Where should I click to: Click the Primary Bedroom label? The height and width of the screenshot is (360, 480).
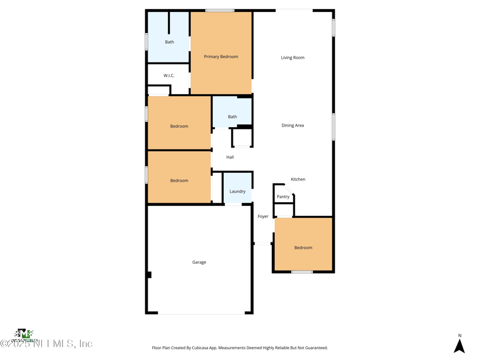pos(221,56)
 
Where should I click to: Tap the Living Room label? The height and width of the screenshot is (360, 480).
pos(292,58)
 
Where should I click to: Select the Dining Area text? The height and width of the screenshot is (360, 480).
pos(292,125)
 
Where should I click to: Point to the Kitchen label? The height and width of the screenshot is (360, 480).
pos(298,179)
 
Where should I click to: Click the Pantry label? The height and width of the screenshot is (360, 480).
pos(283,197)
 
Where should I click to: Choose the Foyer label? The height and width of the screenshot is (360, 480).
pos(263,217)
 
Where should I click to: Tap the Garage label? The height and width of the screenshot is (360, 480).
pos(199,262)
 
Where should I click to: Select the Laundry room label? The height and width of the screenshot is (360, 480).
pos(237,191)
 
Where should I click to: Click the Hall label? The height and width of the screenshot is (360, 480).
pos(230,157)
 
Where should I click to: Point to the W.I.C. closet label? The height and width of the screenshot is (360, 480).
pos(169,76)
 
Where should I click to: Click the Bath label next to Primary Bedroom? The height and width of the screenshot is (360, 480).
pos(169,42)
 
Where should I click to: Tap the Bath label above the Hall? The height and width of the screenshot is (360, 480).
pos(232,117)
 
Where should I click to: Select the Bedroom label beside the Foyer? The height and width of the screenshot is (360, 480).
pos(303,248)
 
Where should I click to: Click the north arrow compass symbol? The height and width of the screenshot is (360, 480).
pos(459,346)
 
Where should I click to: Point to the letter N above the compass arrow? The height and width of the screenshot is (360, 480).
pos(460,336)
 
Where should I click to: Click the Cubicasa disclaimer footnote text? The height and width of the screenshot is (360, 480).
pos(240,348)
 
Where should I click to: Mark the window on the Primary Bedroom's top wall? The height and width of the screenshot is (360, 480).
pos(220,10)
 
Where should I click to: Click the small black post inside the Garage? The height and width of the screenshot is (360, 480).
pos(149,275)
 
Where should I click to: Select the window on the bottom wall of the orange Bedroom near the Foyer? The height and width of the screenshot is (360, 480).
pos(302,272)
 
